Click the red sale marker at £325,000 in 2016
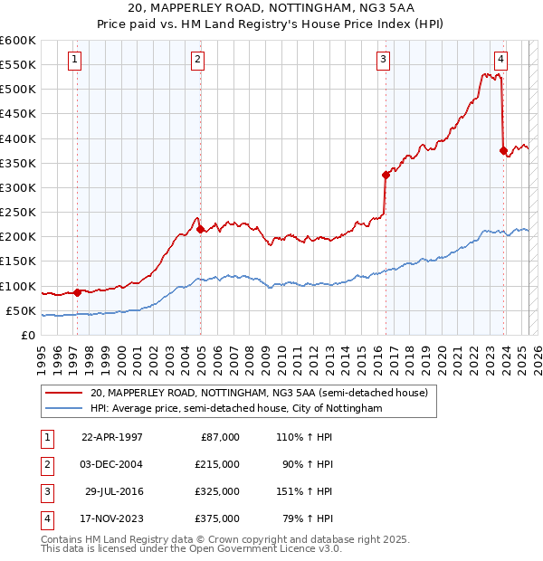point(386,175)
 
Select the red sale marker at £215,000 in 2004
point(200,229)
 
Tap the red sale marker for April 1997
point(77,292)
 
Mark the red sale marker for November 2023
point(502,150)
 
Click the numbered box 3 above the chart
point(384,61)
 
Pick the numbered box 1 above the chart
point(74,61)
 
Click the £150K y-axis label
point(18,261)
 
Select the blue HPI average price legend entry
point(236,409)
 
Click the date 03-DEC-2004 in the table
point(112,464)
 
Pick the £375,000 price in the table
point(217,518)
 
